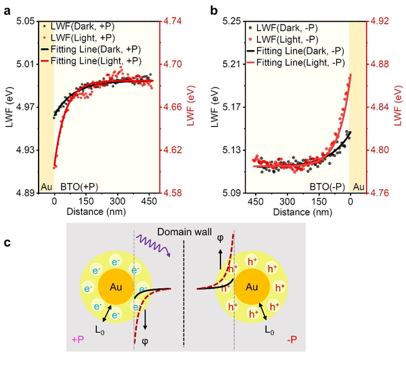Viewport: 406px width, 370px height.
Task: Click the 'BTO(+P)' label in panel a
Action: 80,185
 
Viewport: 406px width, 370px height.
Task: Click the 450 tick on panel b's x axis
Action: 256,202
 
